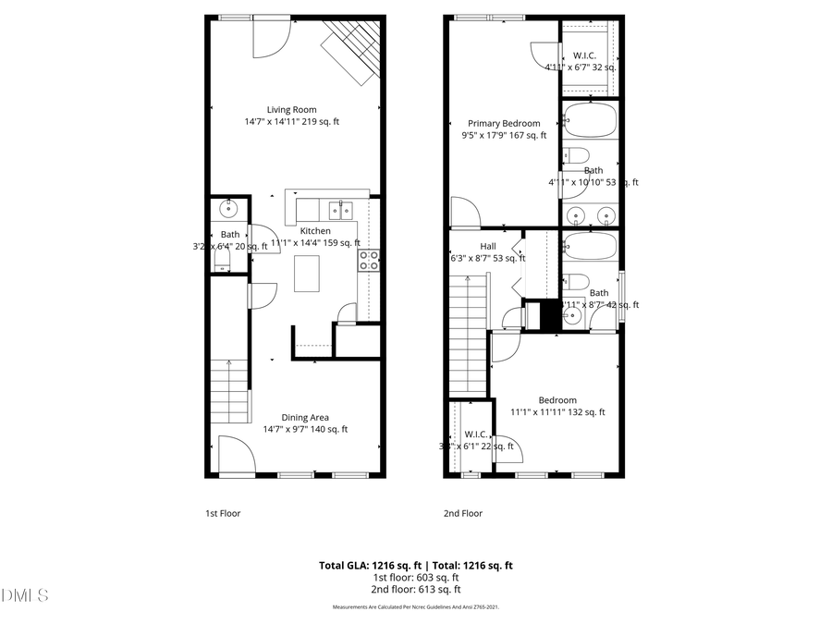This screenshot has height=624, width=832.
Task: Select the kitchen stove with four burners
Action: (369, 260)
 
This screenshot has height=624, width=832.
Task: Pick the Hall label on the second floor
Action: (488, 246)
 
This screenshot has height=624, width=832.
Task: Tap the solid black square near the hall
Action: (551, 314)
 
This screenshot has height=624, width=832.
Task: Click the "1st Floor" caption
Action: (223, 513)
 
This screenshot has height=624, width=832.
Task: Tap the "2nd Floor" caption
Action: (463, 513)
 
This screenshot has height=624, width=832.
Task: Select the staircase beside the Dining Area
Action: (228, 388)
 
